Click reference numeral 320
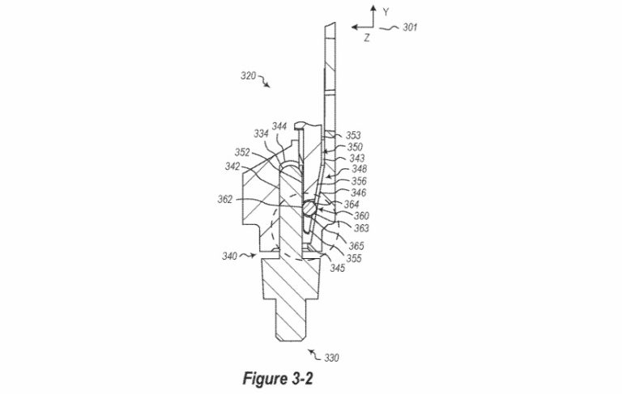tap(248, 77)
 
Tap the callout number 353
tap(354, 136)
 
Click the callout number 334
tap(261, 133)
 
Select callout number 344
tap(279, 126)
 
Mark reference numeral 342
tap(233, 166)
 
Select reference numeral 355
tap(353, 259)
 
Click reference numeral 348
tap(357, 169)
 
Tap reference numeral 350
tap(356, 147)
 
